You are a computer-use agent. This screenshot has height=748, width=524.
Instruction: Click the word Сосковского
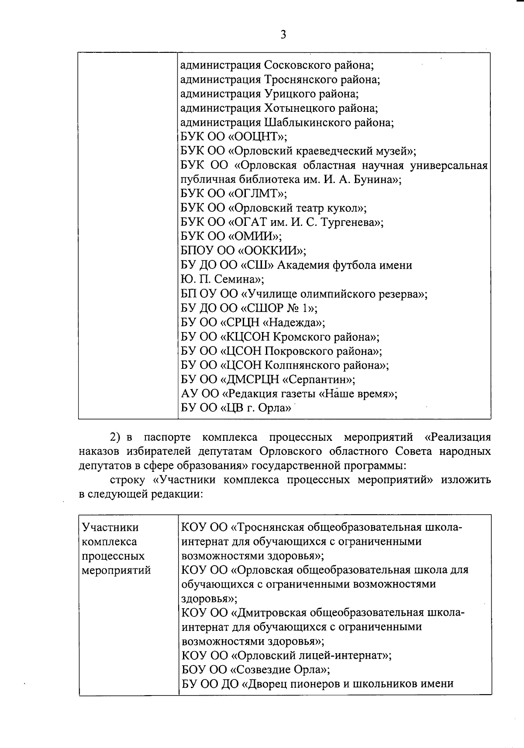tap(297, 66)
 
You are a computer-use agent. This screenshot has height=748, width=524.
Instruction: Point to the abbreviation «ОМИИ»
tap(254, 236)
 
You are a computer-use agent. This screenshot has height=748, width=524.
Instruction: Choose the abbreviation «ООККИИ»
tap(266, 251)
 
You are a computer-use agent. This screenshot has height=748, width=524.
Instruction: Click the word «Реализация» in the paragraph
tap(457, 437)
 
